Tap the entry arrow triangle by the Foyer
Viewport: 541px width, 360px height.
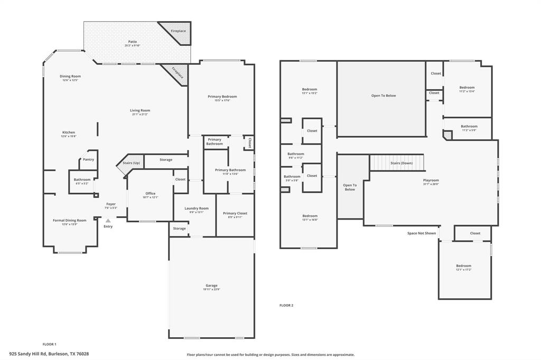tap(108, 221)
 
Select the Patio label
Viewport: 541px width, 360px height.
tap(133, 42)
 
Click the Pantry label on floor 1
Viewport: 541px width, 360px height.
tap(88, 159)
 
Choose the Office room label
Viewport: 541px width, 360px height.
tap(150, 194)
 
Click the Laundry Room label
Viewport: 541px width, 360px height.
tap(197, 209)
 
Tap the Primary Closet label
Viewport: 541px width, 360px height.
tap(235, 213)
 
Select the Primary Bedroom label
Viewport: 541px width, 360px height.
tap(222, 97)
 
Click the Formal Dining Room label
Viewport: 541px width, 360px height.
tap(69, 221)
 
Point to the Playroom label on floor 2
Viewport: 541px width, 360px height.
tap(431, 181)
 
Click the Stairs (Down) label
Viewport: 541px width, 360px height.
tap(402, 163)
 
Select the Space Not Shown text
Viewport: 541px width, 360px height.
tap(421, 233)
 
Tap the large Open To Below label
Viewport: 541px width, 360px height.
tap(383, 96)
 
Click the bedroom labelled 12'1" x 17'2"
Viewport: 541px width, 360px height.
tap(463, 266)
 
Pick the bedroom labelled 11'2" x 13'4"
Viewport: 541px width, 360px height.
tap(467, 88)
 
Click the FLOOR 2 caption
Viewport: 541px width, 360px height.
tap(286, 305)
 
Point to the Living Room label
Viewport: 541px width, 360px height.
tap(140, 111)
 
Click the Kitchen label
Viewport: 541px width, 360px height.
tap(69, 132)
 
